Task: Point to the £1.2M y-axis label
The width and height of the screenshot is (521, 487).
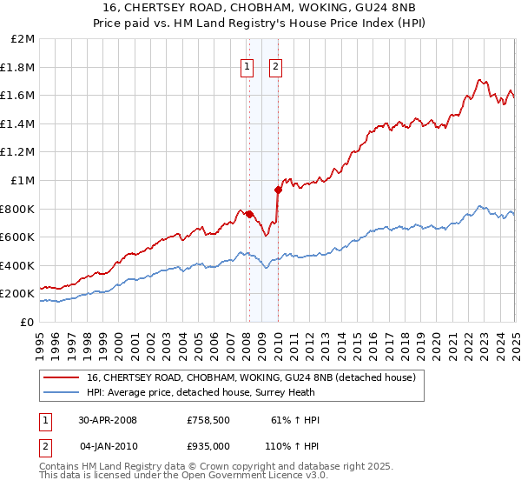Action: pyautogui.click(x=18, y=152)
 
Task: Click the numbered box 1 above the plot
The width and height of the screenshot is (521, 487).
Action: pyautogui.click(x=247, y=66)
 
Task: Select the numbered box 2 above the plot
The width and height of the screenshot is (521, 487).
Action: pyautogui.click(x=275, y=66)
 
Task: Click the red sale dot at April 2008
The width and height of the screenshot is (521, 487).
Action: pyautogui.click(x=249, y=214)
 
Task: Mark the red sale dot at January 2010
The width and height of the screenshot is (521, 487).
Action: pyautogui.click(x=278, y=190)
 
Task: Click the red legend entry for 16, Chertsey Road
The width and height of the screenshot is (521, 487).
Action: pyautogui.click(x=253, y=377)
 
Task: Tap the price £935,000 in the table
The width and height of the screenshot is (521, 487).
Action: pyautogui.click(x=208, y=445)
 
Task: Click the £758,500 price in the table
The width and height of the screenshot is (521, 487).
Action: pyautogui.click(x=208, y=420)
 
